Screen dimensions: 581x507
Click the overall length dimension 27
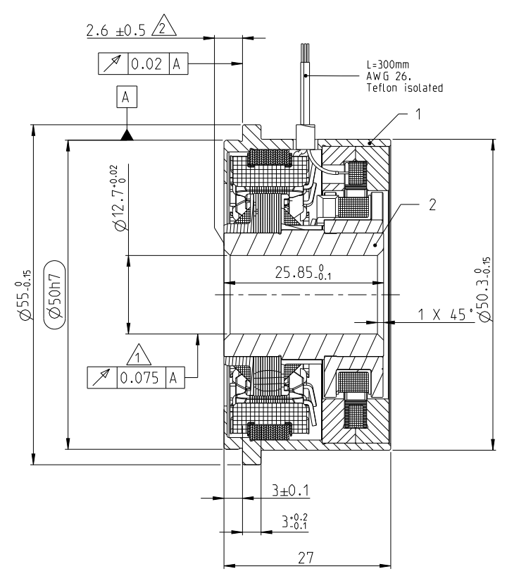pos(305,557)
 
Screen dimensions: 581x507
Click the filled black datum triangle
pos(126,134)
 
